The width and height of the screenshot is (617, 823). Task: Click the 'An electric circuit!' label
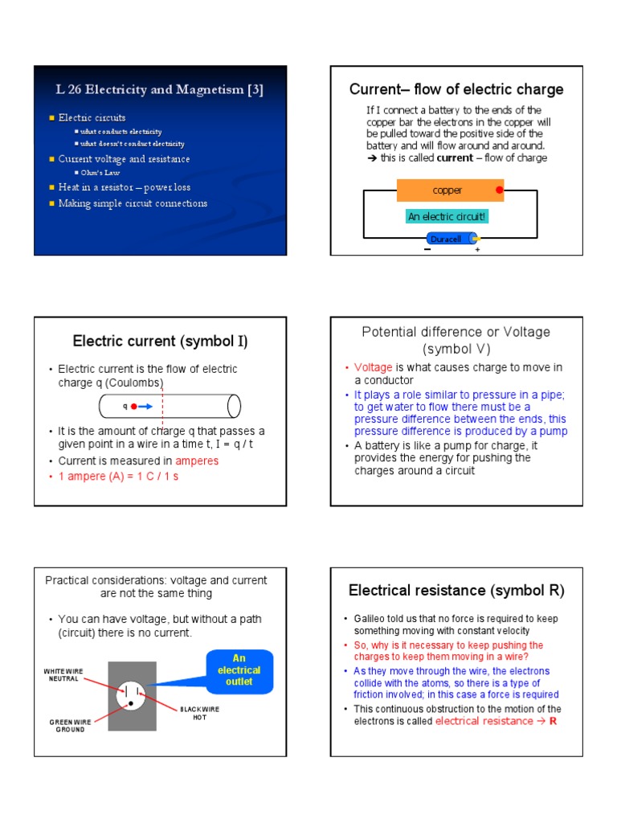coord(447,216)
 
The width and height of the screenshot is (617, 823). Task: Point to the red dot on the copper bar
coord(499,190)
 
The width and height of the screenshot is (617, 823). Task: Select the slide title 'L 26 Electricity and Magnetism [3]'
coord(159,90)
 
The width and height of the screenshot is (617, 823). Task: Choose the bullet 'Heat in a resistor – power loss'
coord(124,187)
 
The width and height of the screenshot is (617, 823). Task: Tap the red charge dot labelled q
coord(134,407)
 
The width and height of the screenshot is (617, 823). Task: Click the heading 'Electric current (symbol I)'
coord(160,342)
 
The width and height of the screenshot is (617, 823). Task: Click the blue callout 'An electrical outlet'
coord(239,669)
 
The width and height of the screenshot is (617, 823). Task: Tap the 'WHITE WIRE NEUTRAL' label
coord(64,674)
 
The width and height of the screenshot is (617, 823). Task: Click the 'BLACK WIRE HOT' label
coord(199,714)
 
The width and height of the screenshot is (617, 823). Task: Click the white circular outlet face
coord(132,694)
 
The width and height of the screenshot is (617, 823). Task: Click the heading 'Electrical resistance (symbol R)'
coord(456,591)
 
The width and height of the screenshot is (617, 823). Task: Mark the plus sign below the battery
coord(477,250)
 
